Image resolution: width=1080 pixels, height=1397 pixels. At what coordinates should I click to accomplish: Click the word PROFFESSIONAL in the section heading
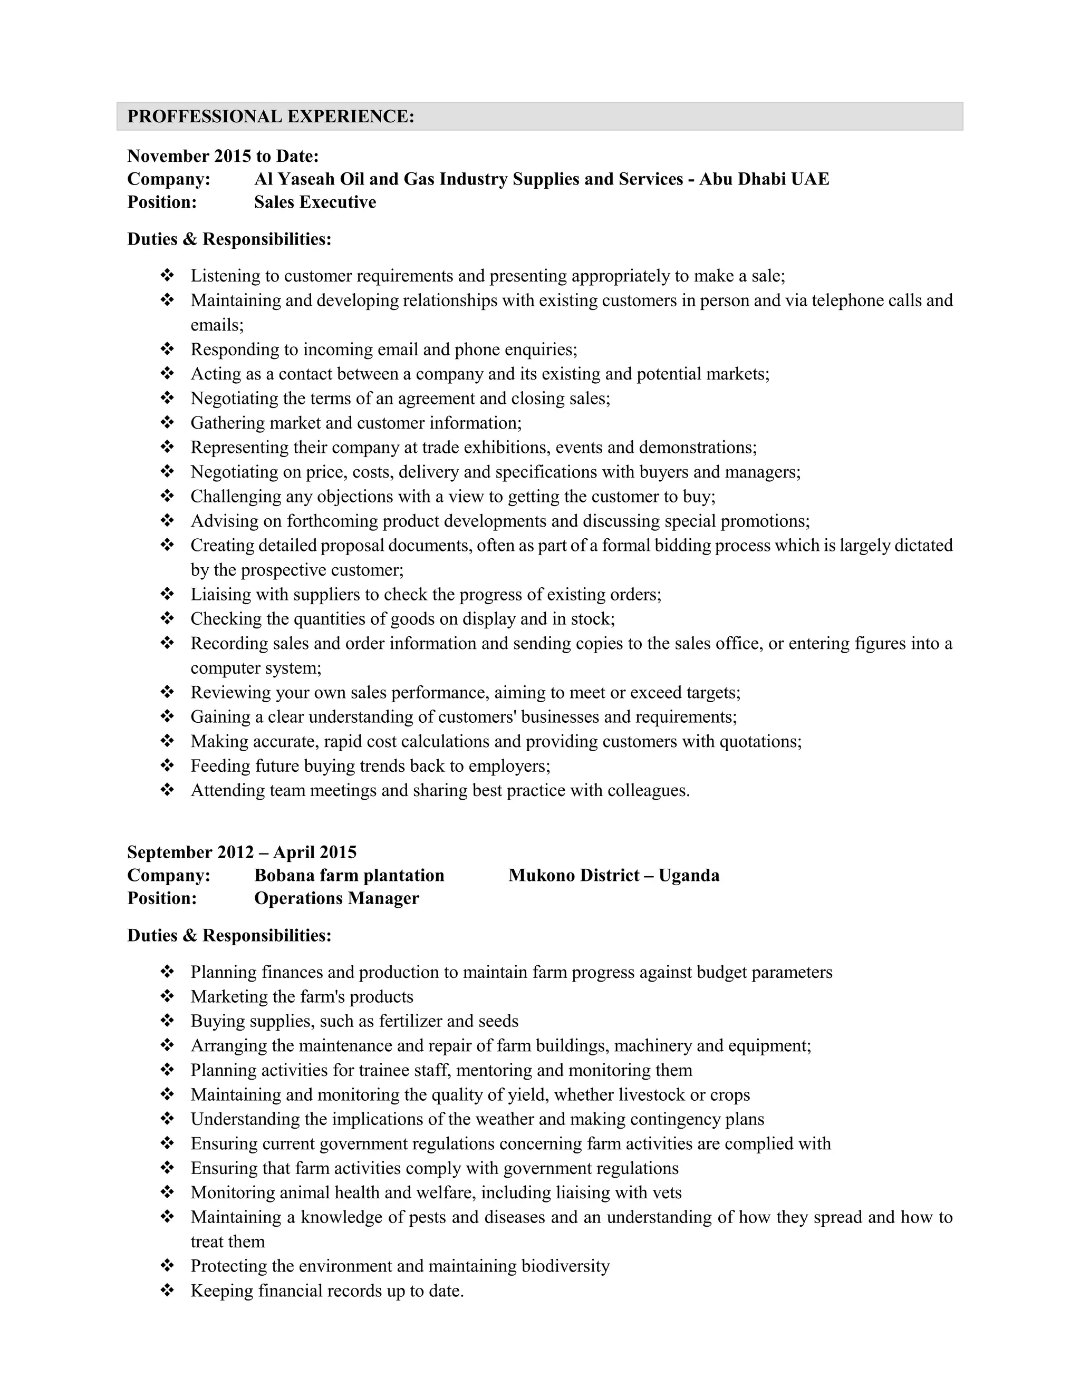[x=204, y=117]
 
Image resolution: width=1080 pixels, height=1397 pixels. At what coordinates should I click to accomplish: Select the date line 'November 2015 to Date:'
[x=223, y=156]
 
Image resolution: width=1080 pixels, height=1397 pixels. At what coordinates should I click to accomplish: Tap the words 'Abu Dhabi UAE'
[x=764, y=179]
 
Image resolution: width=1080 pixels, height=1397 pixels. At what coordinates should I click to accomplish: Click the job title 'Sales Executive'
[x=315, y=202]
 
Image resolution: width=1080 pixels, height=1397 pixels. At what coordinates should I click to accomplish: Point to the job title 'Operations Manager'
[x=336, y=898]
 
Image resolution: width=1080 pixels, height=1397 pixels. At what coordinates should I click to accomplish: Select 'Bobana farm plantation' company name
[x=349, y=875]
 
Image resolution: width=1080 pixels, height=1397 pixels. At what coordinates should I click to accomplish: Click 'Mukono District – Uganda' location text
[x=614, y=875]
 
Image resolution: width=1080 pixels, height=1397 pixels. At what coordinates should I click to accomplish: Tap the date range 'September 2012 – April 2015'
[x=242, y=852]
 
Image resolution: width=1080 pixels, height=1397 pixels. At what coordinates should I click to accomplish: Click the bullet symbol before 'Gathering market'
[x=167, y=423]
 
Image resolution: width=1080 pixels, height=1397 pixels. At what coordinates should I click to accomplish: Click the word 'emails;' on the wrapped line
[x=217, y=325]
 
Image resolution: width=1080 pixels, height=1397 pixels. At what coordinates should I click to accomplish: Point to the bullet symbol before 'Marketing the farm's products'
[x=167, y=996]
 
